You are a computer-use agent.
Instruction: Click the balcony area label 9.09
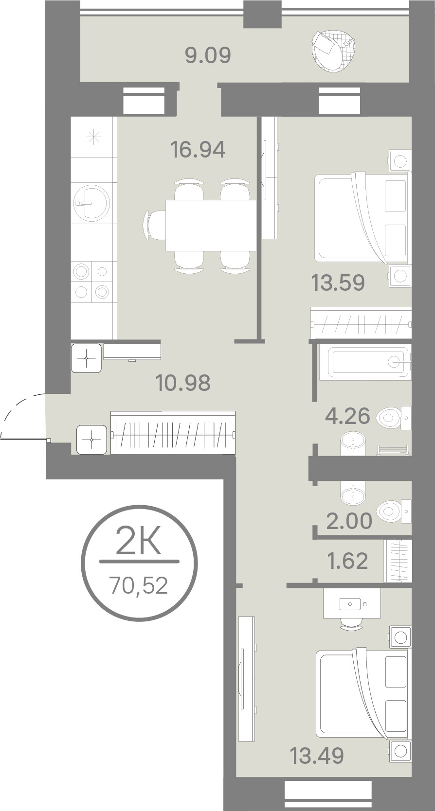pyautogui.click(x=208, y=56)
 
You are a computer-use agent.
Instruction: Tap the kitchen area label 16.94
pyautogui.click(x=198, y=150)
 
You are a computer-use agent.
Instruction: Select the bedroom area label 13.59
pyautogui.click(x=338, y=283)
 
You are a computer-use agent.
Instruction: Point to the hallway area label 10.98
pyautogui.click(x=183, y=383)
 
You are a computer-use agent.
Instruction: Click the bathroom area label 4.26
pyautogui.click(x=347, y=416)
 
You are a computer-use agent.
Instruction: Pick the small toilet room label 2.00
pyautogui.click(x=349, y=521)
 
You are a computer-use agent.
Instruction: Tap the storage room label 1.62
pyautogui.click(x=347, y=561)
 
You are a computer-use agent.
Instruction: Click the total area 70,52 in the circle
pyautogui.click(x=139, y=586)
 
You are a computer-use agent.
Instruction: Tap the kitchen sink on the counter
pyautogui.click(x=91, y=203)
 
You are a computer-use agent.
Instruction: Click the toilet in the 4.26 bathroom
pyautogui.click(x=393, y=418)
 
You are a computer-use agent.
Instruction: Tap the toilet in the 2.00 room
pyautogui.click(x=393, y=511)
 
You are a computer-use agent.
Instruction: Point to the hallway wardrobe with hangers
pyautogui.click(x=173, y=432)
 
